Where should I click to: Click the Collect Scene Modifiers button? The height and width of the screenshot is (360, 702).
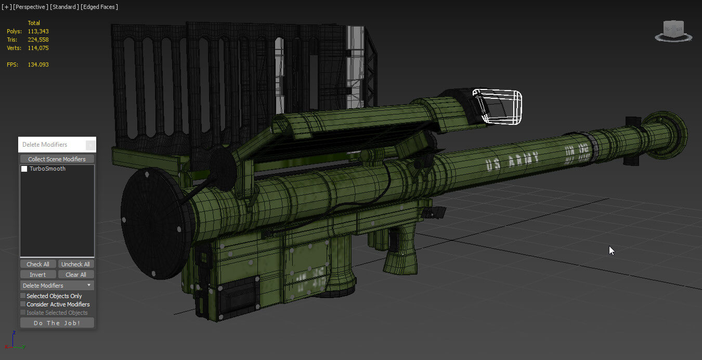point(57,159)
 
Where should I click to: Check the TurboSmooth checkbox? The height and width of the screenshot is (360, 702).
point(24,169)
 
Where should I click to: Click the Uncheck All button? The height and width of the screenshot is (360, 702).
point(75,264)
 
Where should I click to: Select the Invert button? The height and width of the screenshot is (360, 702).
point(37,275)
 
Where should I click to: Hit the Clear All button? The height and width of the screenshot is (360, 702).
point(75,275)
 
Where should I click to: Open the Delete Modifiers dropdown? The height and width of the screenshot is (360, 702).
point(57,286)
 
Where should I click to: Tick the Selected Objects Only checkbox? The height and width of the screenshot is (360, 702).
point(23,296)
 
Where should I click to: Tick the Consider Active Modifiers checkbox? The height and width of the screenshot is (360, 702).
point(23,304)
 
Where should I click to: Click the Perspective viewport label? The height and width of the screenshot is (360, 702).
point(29,7)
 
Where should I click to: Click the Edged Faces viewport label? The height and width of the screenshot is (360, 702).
point(99,7)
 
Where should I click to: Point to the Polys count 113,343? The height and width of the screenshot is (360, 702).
point(38,31)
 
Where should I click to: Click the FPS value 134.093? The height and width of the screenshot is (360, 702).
point(38,65)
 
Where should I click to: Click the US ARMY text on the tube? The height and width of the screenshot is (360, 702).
point(512,161)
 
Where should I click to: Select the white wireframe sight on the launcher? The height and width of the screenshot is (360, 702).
point(498,107)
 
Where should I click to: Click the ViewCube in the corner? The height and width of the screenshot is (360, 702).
point(674,30)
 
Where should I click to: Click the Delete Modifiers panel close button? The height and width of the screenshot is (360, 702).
point(90,145)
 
